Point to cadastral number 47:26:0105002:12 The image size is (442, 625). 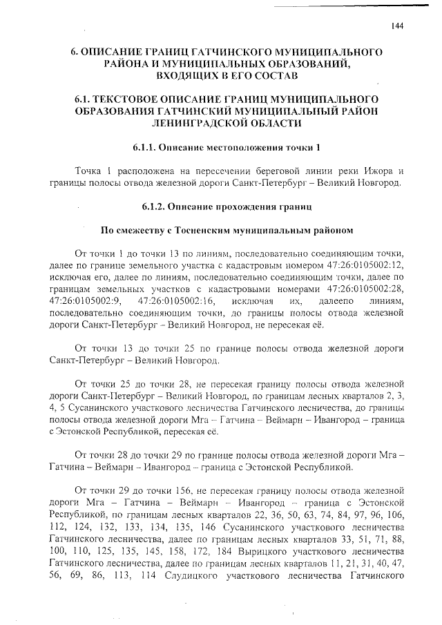click(x=353, y=264)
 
